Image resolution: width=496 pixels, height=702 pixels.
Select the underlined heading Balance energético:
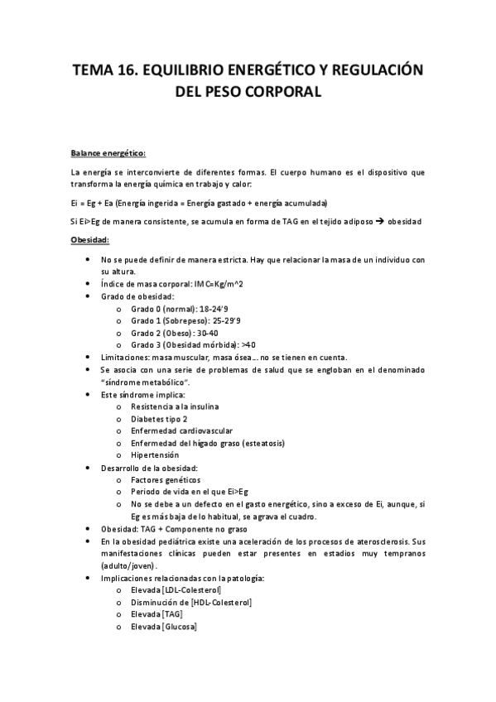108,153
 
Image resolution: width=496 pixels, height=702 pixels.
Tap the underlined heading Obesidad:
90,240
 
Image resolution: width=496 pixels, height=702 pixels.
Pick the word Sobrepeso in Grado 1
187,320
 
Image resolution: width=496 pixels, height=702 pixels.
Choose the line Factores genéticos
166,479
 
